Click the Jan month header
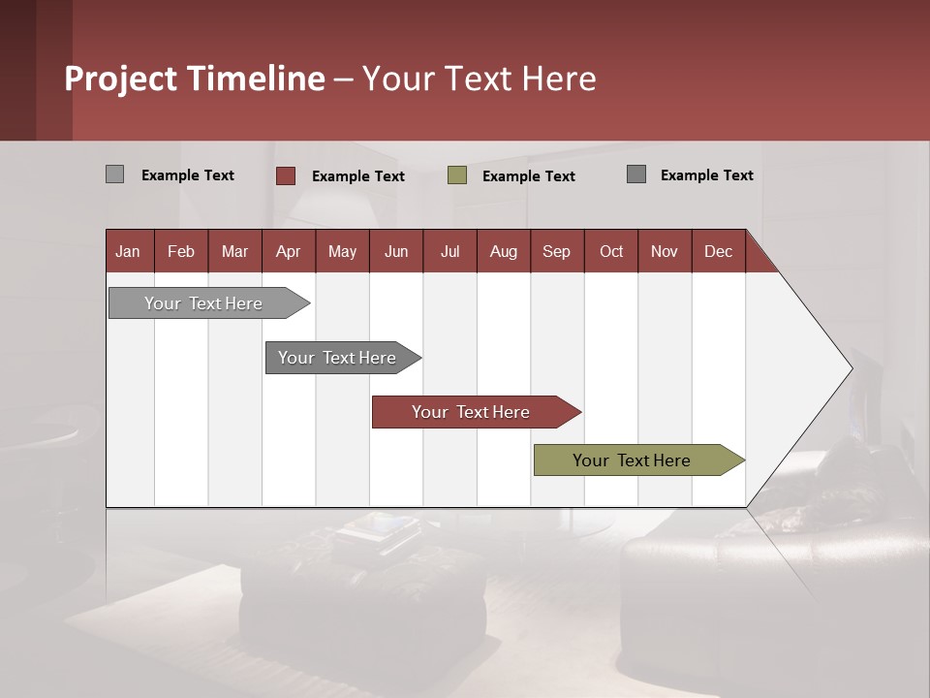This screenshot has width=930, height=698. (129, 251)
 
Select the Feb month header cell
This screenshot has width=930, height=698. (181, 251)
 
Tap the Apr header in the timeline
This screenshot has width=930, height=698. (289, 251)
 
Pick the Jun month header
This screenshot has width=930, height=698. (396, 251)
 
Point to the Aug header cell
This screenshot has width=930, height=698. (504, 251)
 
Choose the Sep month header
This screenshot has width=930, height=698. (557, 251)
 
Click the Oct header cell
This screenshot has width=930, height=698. (611, 251)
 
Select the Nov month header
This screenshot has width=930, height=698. (665, 251)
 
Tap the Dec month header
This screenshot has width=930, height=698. (719, 251)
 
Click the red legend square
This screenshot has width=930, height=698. (286, 175)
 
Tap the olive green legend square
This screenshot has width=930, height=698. (457, 175)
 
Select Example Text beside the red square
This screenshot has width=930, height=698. (358, 176)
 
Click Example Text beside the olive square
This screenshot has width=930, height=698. (529, 176)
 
